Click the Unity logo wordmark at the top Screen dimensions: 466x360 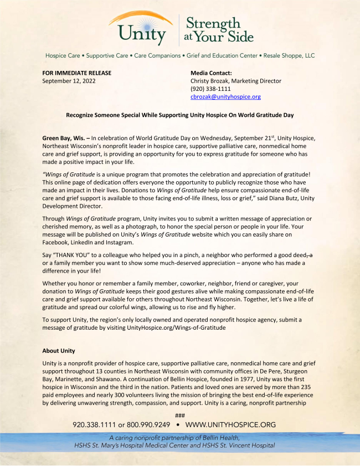141,31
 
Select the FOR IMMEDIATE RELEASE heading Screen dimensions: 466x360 77,73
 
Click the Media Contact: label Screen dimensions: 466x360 211,73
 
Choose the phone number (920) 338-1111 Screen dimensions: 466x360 210,89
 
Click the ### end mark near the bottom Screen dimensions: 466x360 179,415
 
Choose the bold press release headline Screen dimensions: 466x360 179,115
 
